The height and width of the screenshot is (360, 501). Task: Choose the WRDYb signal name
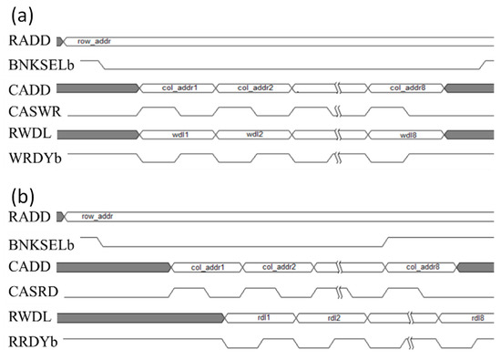tap(33, 159)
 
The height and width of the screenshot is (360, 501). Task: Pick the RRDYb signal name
tap(32, 341)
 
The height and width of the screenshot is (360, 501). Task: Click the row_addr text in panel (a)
tap(87, 41)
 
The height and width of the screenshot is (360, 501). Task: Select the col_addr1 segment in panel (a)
tap(179, 88)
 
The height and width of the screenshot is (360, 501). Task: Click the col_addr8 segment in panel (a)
tap(407, 88)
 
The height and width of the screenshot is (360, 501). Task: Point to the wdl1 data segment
tap(179, 135)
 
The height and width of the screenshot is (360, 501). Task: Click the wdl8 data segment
tap(408, 135)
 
